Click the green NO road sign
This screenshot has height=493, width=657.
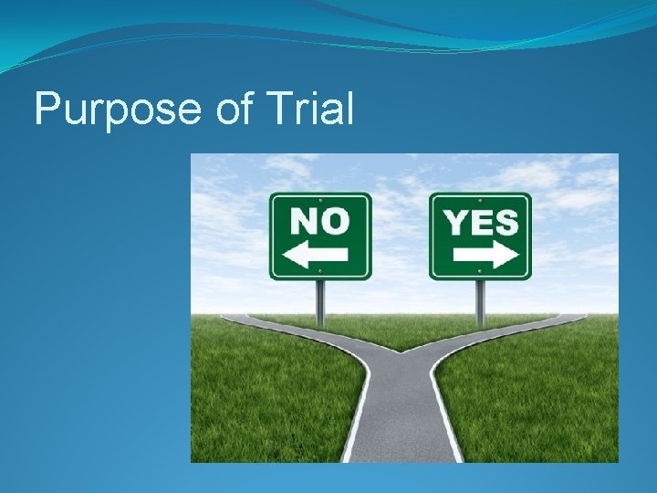(x=320, y=236)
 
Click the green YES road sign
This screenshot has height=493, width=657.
(x=480, y=236)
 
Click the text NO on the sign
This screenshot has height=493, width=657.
(x=319, y=220)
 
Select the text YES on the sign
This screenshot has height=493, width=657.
(x=480, y=221)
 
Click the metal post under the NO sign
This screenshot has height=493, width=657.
(x=319, y=301)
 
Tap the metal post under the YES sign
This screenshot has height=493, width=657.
(x=479, y=301)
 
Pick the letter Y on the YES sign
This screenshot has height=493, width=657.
(x=454, y=221)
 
